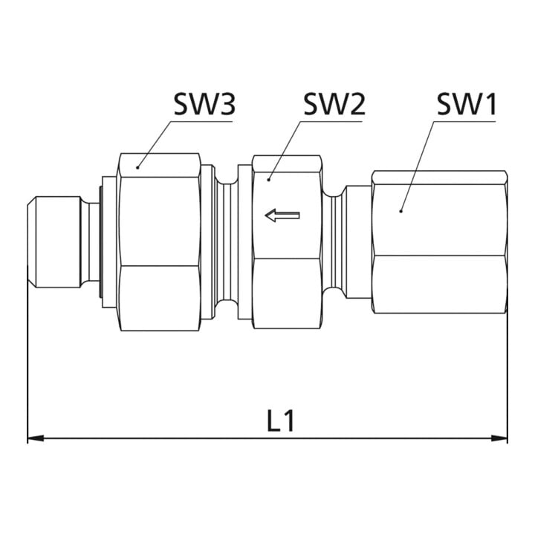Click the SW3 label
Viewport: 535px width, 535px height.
pyautogui.click(x=204, y=104)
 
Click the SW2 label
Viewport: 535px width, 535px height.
pyautogui.click(x=334, y=104)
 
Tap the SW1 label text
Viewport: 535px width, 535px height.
pyautogui.click(x=467, y=104)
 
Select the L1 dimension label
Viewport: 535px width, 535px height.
pyautogui.click(x=280, y=421)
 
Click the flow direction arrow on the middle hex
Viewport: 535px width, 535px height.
pyautogui.click(x=282, y=215)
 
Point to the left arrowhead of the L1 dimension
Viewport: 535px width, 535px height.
pyautogui.click(x=36, y=438)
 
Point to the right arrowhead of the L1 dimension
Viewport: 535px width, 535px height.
pyautogui.click(x=499, y=438)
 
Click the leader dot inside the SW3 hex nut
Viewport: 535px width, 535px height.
pyautogui.click(x=137, y=167)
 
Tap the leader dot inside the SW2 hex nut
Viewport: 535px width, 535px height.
pyautogui.click(x=269, y=179)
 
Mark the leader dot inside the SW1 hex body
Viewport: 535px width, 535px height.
pyautogui.click(x=401, y=211)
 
